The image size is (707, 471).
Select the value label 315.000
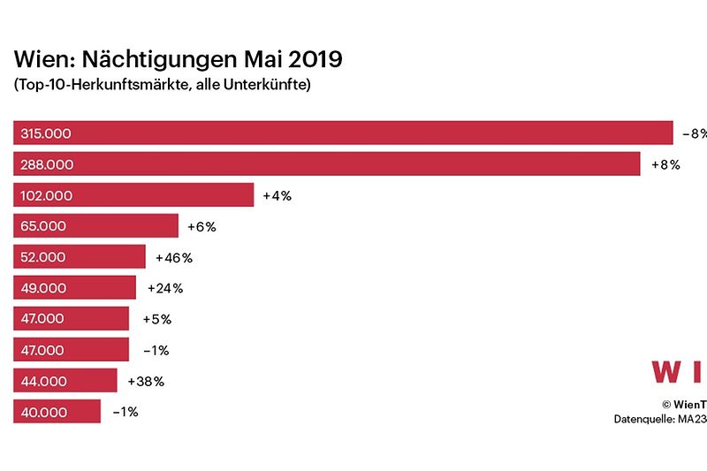pyautogui.click(x=46, y=133)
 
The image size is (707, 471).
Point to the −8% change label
pyautogui.click(x=694, y=133)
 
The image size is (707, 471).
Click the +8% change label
pyautogui.click(x=665, y=164)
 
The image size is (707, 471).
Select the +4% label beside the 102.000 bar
pyautogui.click(x=277, y=195)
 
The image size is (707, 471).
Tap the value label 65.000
pyautogui.click(x=42, y=226)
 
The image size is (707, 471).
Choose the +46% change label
pyautogui.click(x=173, y=257)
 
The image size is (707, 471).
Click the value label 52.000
pyautogui.click(x=42, y=257)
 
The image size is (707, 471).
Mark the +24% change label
pyautogui.click(x=164, y=288)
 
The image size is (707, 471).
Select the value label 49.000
pyautogui.click(x=42, y=288)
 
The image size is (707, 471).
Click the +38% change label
pyautogui.click(x=146, y=381)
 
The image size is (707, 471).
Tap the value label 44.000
pyautogui.click(x=42, y=381)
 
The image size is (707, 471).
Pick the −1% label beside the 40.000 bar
pyautogui.click(x=125, y=412)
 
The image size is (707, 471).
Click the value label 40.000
pyautogui.click(x=42, y=412)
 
